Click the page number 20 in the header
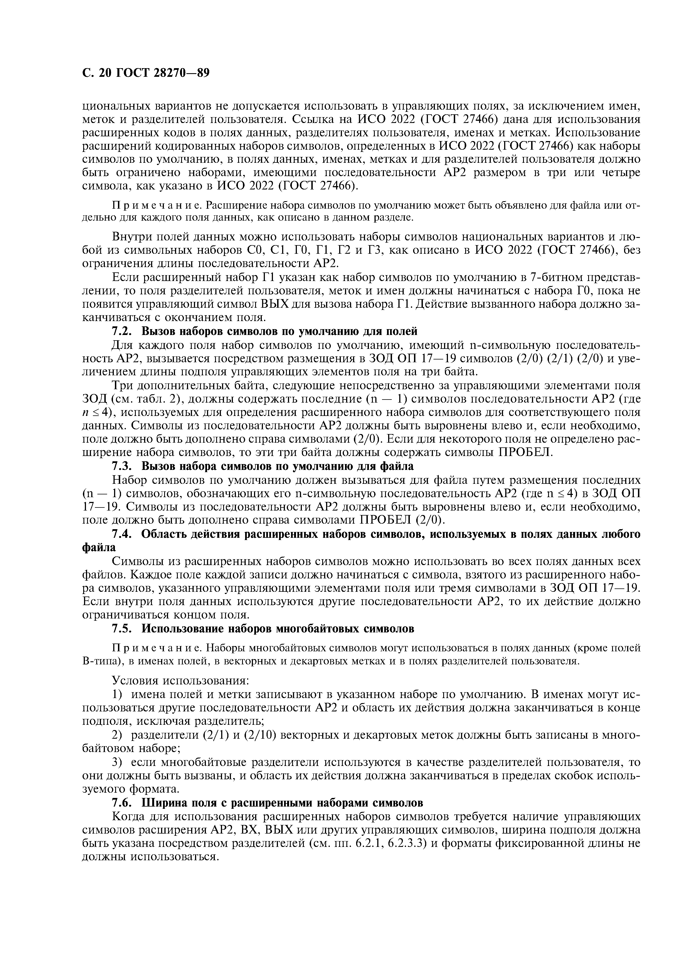[105, 73]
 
